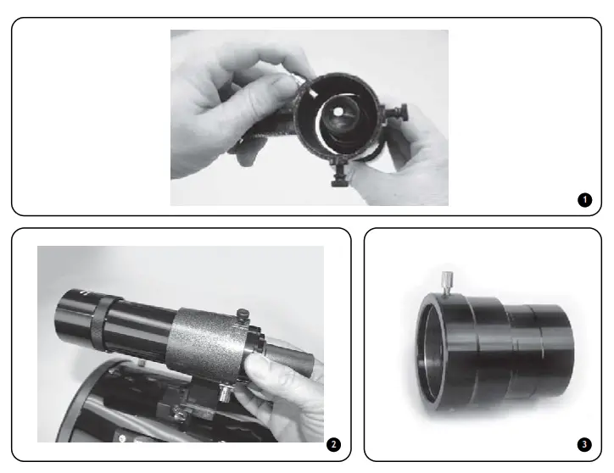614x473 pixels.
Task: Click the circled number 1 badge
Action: pyautogui.click(x=583, y=200)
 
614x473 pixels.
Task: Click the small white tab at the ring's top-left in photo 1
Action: pyautogui.click(x=314, y=88)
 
